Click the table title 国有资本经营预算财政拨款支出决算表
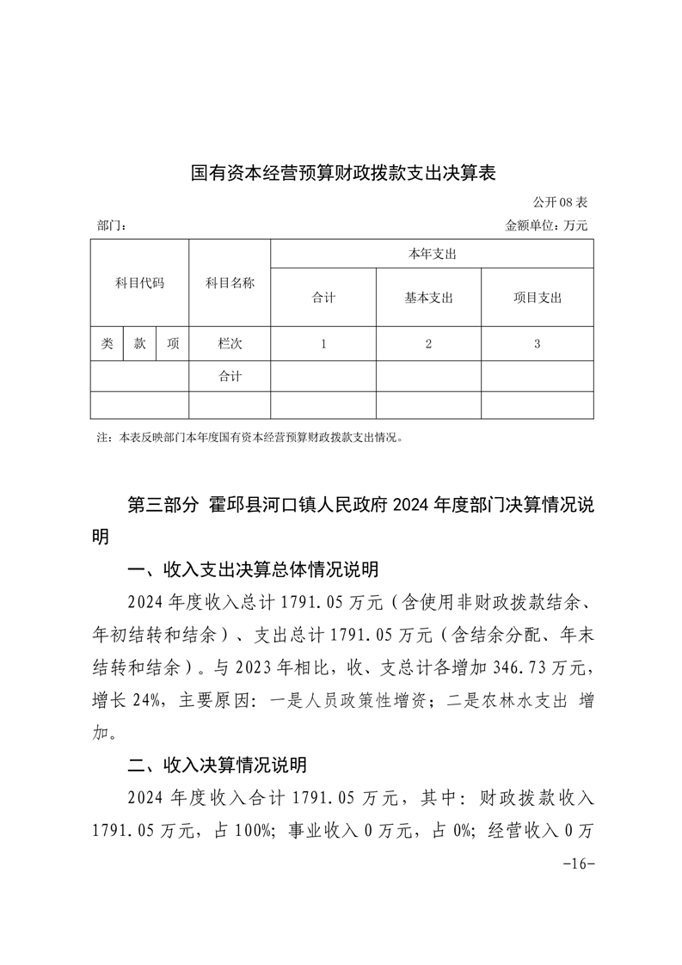(x=344, y=173)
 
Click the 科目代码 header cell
(x=139, y=283)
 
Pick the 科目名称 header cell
(x=230, y=283)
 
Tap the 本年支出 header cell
(x=431, y=254)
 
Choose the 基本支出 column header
(x=428, y=298)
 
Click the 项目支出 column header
(x=537, y=298)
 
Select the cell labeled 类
(x=107, y=343)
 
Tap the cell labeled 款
(x=139, y=343)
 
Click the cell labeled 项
(x=173, y=343)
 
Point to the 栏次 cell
(x=230, y=343)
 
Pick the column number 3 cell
(x=537, y=343)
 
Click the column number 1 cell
(x=323, y=343)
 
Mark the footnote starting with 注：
(x=250, y=437)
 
